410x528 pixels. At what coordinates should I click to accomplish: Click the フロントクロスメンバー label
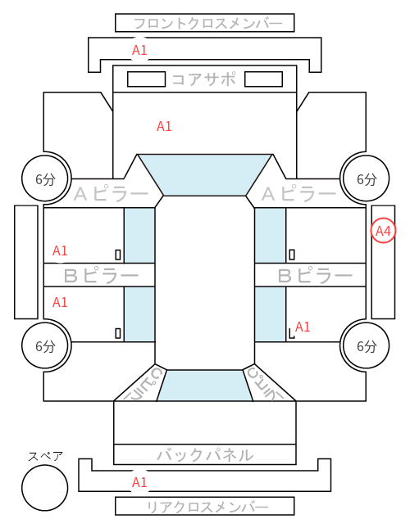pos(208,24)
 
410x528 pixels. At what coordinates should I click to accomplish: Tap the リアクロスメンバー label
pos(208,507)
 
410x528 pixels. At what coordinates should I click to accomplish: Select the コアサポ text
pos(203,79)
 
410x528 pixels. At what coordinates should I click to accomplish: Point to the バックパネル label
pos(205,455)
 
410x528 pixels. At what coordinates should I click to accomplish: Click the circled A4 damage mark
pos(383,231)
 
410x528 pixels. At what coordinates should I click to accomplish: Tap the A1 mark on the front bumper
pos(139,50)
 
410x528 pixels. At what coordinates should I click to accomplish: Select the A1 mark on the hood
pos(164,126)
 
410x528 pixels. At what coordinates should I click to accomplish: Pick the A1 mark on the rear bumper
pos(139,482)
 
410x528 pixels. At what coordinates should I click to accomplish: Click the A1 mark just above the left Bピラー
pos(60,250)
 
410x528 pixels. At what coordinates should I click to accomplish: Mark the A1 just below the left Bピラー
pos(60,302)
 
